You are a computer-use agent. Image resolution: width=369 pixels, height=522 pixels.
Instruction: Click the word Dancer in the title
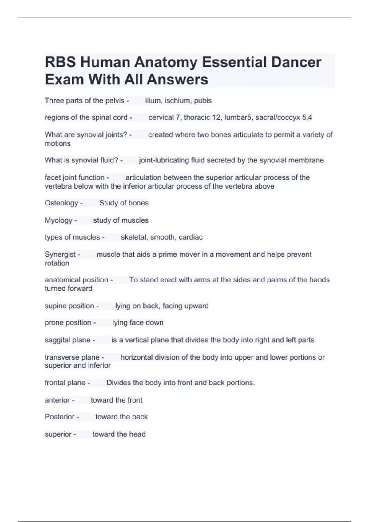296,62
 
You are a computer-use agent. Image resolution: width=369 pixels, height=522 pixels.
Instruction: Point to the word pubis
203,101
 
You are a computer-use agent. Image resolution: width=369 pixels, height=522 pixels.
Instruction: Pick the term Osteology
61,203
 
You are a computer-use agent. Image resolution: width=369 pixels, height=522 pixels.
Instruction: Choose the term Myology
58,220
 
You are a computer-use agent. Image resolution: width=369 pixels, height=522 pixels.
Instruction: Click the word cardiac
191,237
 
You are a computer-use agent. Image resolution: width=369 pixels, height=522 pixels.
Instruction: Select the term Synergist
60,254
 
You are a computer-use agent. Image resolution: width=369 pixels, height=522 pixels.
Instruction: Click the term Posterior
59,417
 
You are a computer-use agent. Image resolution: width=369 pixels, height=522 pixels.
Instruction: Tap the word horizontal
136,357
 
